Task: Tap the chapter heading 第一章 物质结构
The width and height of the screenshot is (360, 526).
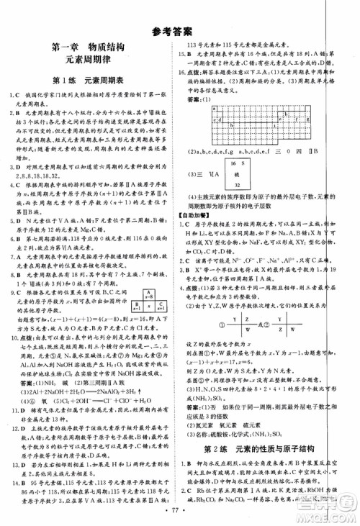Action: coord(91,48)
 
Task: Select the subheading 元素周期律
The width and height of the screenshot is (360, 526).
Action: coord(91,62)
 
